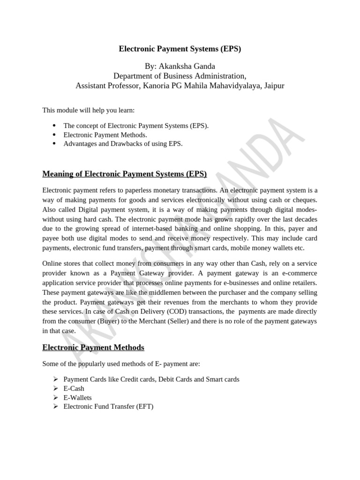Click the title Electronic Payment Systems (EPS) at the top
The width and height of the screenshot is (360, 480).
[x=180, y=49]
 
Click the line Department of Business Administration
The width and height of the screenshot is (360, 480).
[x=180, y=75]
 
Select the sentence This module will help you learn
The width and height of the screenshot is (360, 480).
[x=89, y=110]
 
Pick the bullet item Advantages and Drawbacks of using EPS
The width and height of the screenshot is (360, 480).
[x=123, y=144]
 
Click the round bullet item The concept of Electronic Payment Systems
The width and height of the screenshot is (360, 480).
[x=136, y=126]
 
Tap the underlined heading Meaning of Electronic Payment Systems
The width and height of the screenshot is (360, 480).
[x=125, y=174]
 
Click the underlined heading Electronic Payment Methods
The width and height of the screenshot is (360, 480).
[x=93, y=347]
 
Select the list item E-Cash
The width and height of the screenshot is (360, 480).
[x=74, y=389]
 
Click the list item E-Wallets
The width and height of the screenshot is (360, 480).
[x=77, y=397]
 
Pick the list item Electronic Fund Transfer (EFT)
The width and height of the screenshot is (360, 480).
[x=108, y=406]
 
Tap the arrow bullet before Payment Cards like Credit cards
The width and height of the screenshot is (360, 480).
[x=55, y=379]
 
